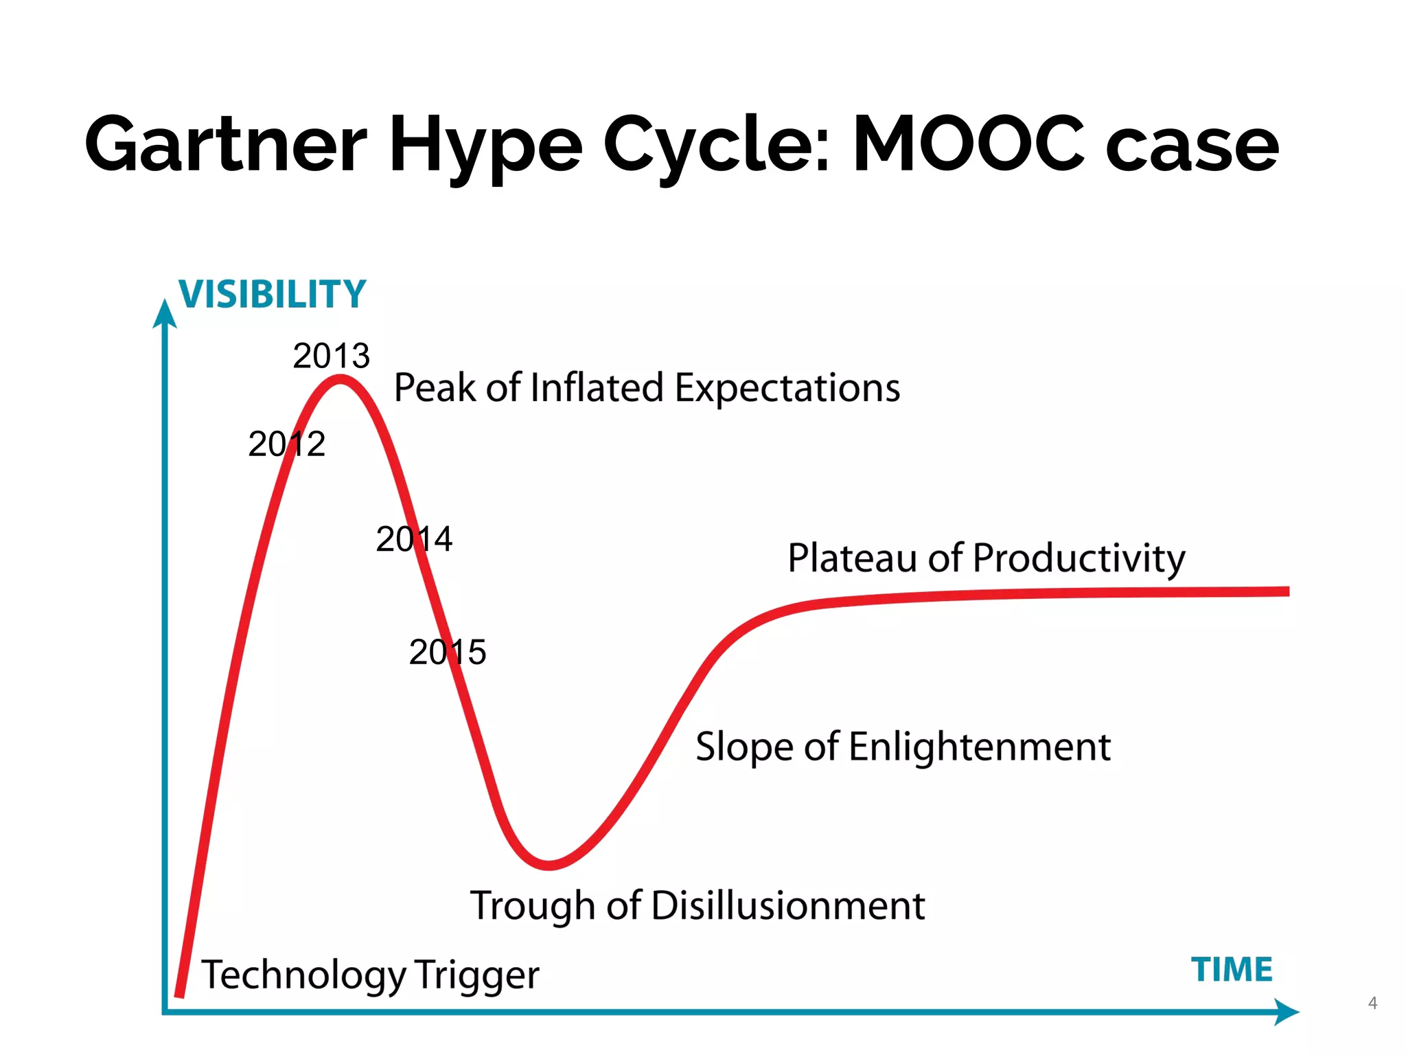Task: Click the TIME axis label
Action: (x=1232, y=970)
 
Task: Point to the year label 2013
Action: (x=331, y=356)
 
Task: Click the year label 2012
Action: (x=286, y=444)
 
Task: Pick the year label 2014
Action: (x=414, y=538)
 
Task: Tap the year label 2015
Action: (x=447, y=652)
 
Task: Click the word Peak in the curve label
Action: (x=435, y=388)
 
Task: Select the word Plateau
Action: (x=851, y=558)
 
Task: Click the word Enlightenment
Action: (x=980, y=747)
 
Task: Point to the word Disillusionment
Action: (x=788, y=905)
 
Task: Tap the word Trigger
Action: (x=476, y=975)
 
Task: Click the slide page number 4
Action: (x=1372, y=1003)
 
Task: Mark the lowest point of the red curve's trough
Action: (x=549, y=865)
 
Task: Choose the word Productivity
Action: (x=1079, y=558)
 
